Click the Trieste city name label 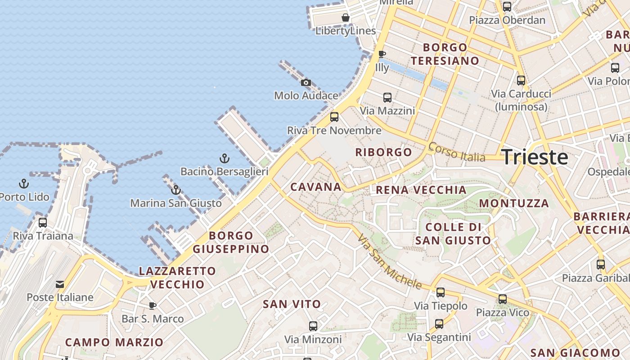[535, 157]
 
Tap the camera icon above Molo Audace [306, 82]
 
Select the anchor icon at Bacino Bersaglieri [224, 158]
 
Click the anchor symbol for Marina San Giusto [176, 190]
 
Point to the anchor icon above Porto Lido [24, 184]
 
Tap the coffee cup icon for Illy [382, 54]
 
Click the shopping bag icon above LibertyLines [346, 18]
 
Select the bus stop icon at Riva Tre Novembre [334, 117]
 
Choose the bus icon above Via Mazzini [387, 97]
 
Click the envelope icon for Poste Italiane [60, 284]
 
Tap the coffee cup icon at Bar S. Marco [153, 306]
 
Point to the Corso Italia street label [457, 152]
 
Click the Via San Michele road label [390, 261]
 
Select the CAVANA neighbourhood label [316, 187]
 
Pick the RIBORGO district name [383, 152]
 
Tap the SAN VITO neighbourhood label [292, 304]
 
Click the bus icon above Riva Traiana [43, 222]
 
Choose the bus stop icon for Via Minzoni [313, 326]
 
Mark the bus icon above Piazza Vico [503, 299]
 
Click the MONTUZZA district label [513, 203]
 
